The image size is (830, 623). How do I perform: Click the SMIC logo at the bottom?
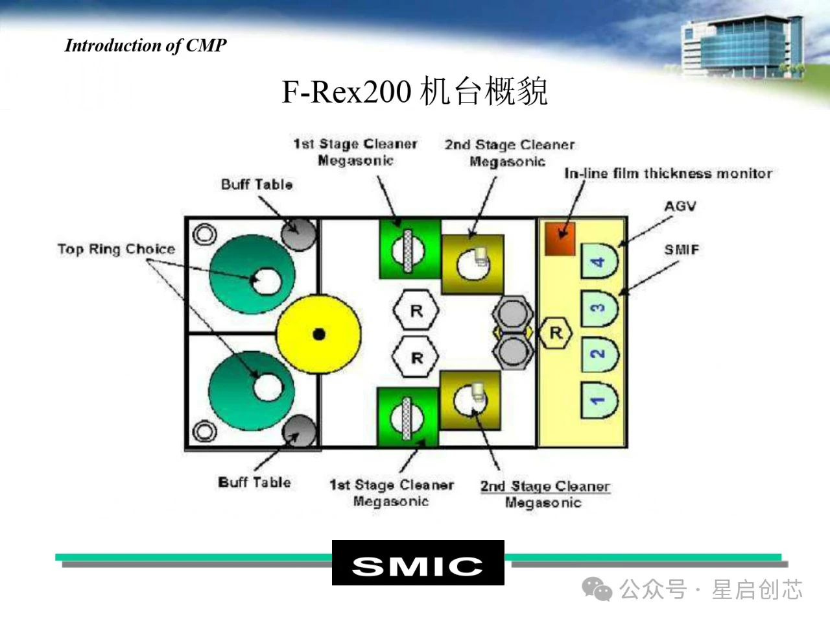tap(418, 563)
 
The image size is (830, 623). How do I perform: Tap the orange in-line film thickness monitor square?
tap(560, 239)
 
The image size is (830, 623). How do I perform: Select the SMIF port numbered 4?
tap(599, 262)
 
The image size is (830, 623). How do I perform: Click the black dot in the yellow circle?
tap(318, 334)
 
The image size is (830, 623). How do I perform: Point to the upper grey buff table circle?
tap(298, 234)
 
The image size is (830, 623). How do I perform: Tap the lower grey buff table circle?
tap(298, 430)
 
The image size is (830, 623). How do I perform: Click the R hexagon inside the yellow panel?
tap(556, 334)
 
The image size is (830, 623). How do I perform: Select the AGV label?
tap(680, 206)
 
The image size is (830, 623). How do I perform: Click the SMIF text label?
tap(681, 249)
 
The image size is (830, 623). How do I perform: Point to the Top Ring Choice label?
tap(116, 249)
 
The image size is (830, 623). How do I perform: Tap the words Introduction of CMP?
tap(146, 45)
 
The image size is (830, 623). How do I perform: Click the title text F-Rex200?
tap(346, 92)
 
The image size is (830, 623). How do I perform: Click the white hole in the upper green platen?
tap(266, 281)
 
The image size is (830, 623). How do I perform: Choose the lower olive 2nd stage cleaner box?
tap(471, 398)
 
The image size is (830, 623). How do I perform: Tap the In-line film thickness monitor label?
tap(668, 173)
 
